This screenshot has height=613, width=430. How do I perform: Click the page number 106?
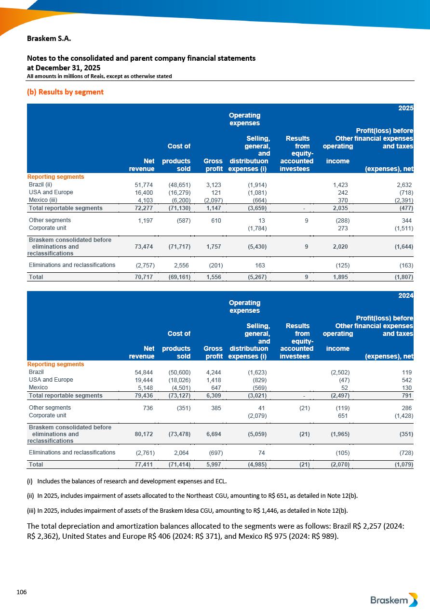coord(21,592)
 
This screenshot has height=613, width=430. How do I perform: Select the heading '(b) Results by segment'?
coord(65,92)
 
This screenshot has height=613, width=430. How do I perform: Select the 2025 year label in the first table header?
coord(405,108)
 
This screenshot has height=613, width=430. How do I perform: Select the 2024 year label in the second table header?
coord(405,296)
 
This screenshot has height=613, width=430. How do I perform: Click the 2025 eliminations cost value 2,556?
coord(181,265)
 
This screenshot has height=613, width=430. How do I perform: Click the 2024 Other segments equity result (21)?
coord(303,408)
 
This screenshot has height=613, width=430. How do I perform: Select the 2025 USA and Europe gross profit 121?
coord(216,192)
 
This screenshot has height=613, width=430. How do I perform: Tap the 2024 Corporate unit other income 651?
coord(343,415)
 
